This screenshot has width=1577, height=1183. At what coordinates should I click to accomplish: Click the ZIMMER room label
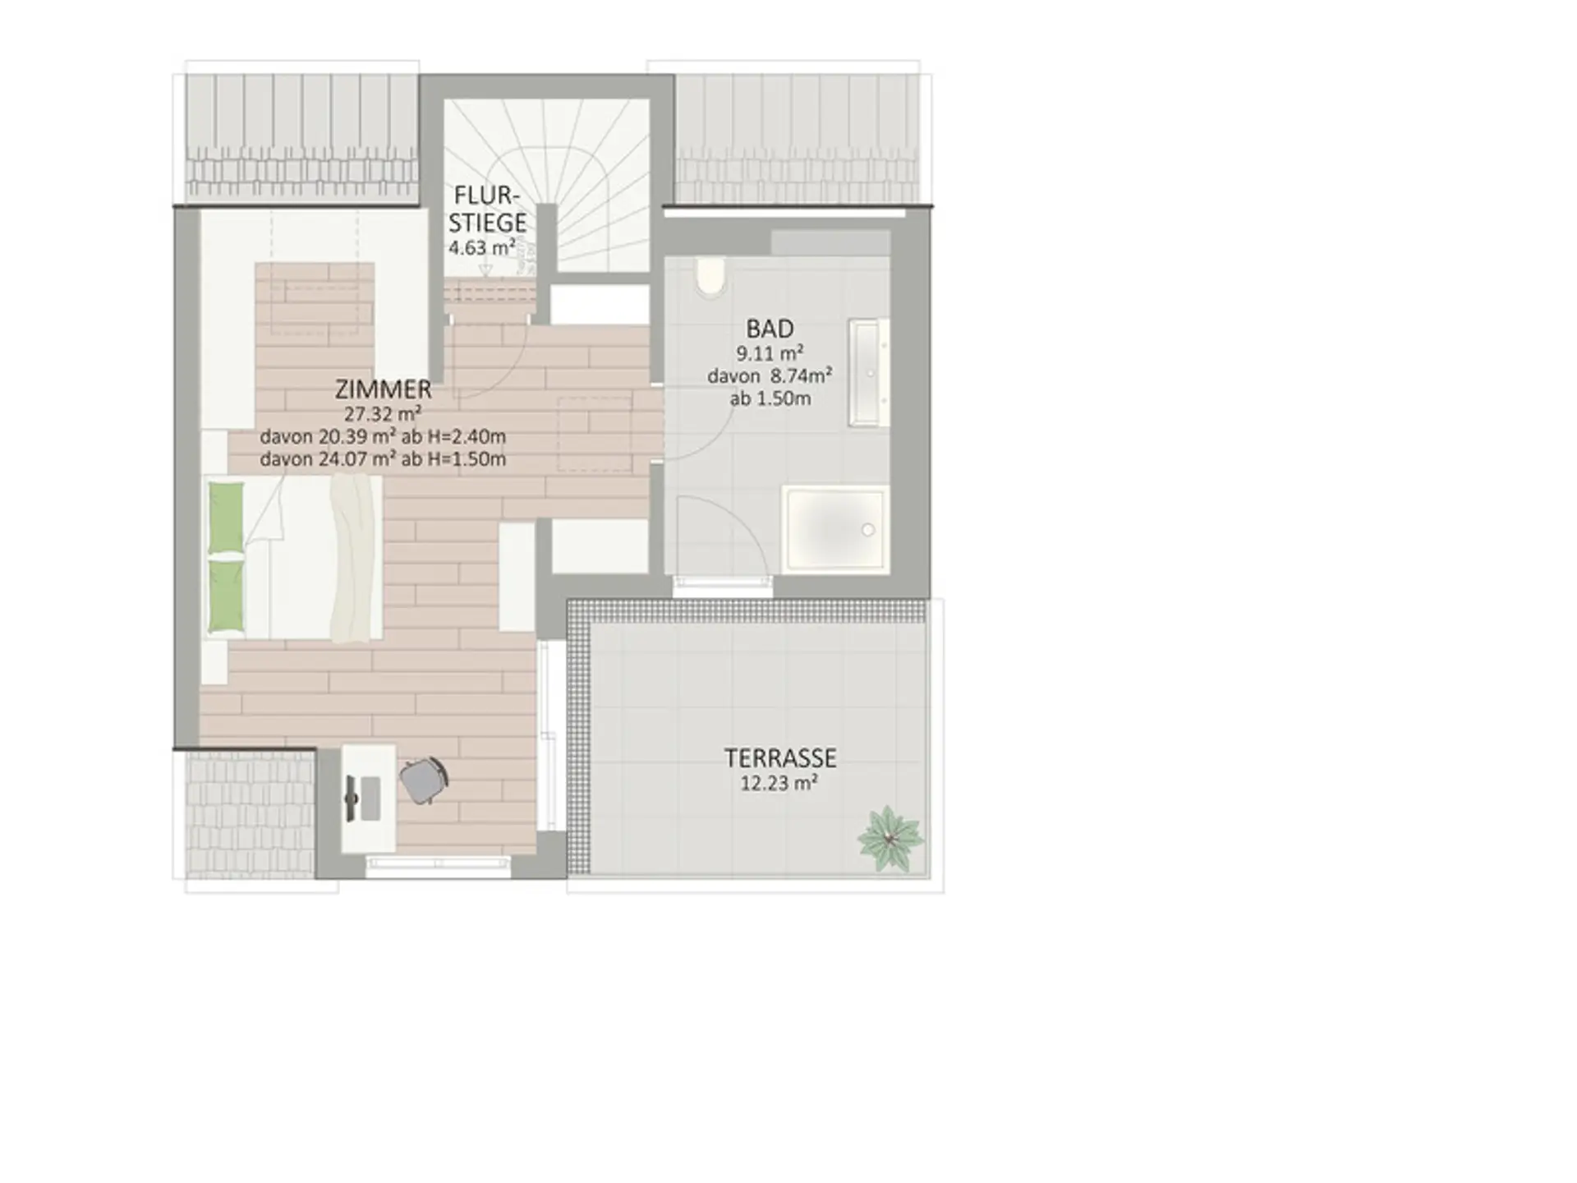click(x=384, y=389)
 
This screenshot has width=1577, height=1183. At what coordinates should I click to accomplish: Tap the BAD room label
click(x=770, y=329)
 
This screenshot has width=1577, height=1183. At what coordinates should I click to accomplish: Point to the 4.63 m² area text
click(x=482, y=247)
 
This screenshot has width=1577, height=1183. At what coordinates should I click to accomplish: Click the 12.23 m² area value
click(x=779, y=783)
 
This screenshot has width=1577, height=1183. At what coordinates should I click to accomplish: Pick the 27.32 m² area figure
click(x=383, y=413)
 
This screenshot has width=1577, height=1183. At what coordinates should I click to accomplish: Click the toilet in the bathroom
click(x=710, y=278)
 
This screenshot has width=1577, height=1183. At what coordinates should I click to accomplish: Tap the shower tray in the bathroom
click(x=836, y=528)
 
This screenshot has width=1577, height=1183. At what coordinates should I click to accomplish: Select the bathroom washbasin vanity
click(x=869, y=373)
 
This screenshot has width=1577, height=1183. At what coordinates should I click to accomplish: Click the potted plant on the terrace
click(x=890, y=839)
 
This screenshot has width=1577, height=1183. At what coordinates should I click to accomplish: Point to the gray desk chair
click(x=424, y=780)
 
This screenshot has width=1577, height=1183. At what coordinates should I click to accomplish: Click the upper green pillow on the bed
click(x=226, y=518)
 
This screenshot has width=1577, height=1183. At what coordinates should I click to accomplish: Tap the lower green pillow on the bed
click(x=226, y=596)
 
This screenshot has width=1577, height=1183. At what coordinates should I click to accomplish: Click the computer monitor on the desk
click(x=352, y=797)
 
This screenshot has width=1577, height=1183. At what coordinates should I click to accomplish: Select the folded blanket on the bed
click(x=354, y=559)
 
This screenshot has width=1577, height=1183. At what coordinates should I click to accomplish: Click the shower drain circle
click(x=868, y=530)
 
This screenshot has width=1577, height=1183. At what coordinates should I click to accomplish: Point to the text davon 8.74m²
click(x=770, y=376)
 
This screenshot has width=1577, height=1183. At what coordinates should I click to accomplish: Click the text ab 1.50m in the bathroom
click(x=770, y=399)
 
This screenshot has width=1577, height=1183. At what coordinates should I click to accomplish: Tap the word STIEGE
click(x=487, y=223)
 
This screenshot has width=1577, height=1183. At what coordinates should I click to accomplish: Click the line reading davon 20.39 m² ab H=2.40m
click(x=383, y=436)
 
